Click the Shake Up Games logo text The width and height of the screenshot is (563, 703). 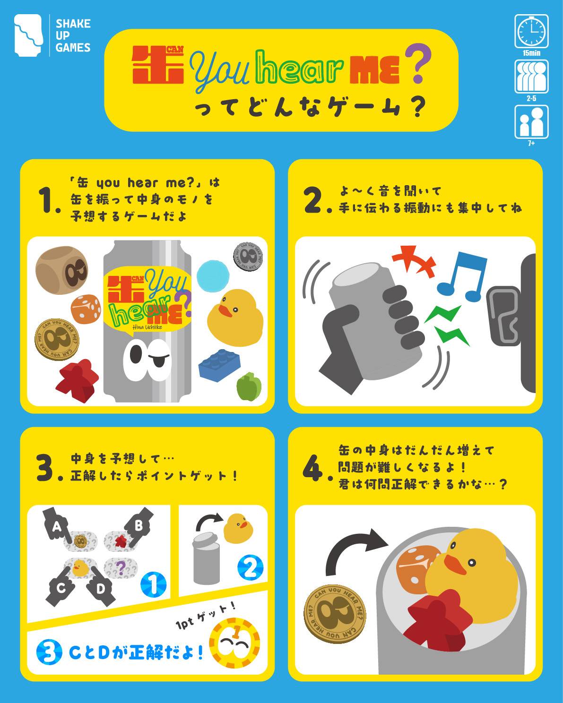[x=73, y=35]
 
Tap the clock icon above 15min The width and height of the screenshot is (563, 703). [x=531, y=31]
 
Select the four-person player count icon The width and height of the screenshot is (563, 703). [x=531, y=77]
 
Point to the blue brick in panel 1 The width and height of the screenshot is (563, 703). [x=219, y=365]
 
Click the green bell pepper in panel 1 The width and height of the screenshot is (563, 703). [x=249, y=386]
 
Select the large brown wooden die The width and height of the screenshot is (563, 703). [x=62, y=270]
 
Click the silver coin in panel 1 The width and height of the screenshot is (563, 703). [x=248, y=257]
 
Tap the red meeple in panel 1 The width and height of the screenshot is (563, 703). [x=77, y=381]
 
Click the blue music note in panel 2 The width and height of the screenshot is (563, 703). [x=462, y=277]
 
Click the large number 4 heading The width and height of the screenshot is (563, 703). [x=313, y=468]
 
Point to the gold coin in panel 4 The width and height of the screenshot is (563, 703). [x=335, y=614]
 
